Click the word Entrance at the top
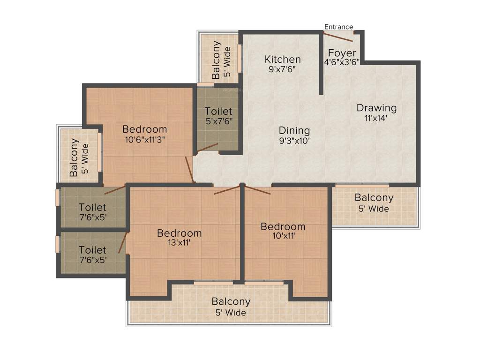point(338,27)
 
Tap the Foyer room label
point(342,53)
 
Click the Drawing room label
point(376,108)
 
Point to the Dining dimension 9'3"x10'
point(294,141)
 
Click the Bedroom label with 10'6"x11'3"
point(144,129)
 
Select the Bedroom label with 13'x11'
point(180,233)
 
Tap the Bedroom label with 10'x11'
point(283,227)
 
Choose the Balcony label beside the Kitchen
point(216,60)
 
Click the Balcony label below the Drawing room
point(374,198)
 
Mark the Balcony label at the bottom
point(231,301)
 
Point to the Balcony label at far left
point(74,157)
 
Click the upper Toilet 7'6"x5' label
point(92,207)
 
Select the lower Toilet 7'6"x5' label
point(92,250)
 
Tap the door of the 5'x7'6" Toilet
point(208,148)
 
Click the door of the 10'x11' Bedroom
point(257,190)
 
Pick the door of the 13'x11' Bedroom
point(227,190)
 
